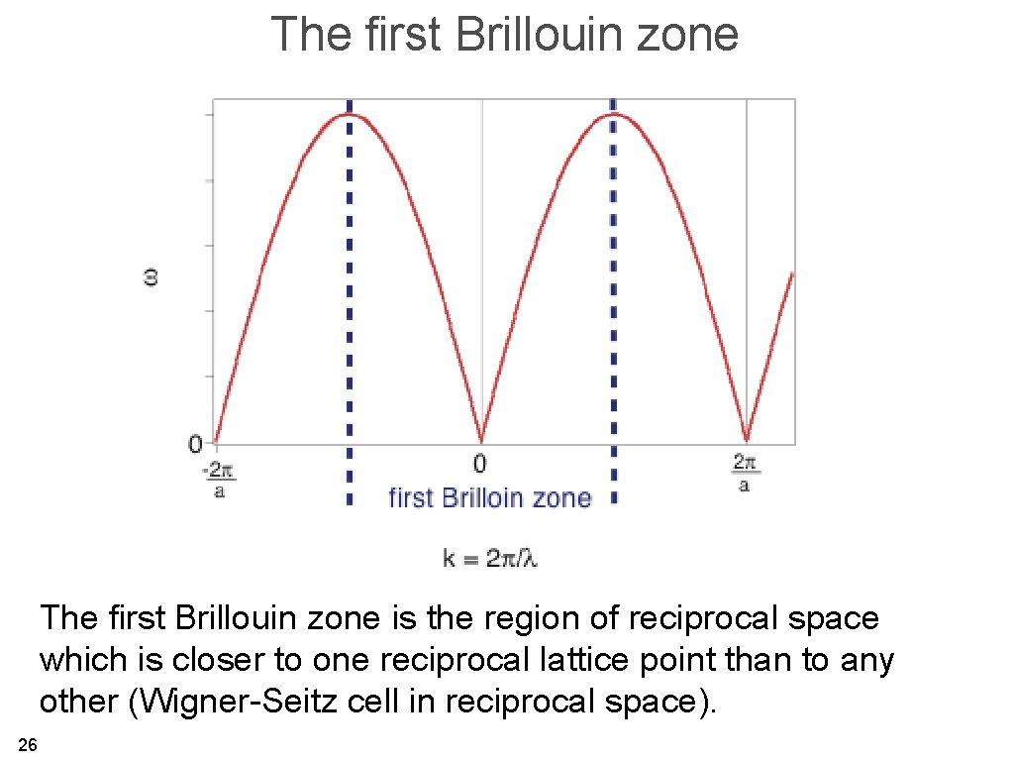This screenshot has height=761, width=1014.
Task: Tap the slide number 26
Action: coord(28,745)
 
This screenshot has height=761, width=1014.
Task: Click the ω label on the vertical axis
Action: coord(152,278)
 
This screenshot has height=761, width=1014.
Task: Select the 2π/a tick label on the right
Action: coord(745,473)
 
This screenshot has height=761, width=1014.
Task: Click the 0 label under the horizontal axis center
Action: coord(480,463)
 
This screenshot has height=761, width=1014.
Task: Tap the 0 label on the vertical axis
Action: coord(195,443)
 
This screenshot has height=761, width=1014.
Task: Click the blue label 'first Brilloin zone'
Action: coord(489,497)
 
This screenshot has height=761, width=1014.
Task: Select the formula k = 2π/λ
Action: coord(489,559)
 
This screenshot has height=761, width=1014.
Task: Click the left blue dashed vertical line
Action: coord(349,297)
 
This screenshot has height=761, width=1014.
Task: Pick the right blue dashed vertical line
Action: coord(613,297)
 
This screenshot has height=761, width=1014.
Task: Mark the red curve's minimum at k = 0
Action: coord(481,441)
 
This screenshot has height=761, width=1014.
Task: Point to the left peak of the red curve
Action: coord(349,114)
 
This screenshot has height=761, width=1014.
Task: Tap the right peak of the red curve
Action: coord(614,114)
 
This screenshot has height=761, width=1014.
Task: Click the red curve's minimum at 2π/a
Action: coord(747,440)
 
